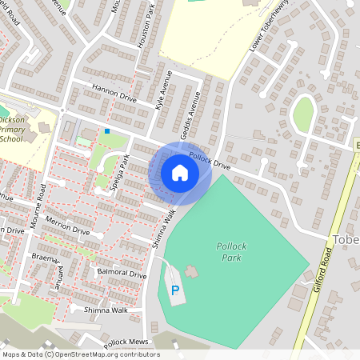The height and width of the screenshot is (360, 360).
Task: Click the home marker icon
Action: click(180, 173)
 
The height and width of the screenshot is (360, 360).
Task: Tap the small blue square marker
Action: click(107, 130)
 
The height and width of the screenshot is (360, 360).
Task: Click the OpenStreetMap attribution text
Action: click(80, 354)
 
